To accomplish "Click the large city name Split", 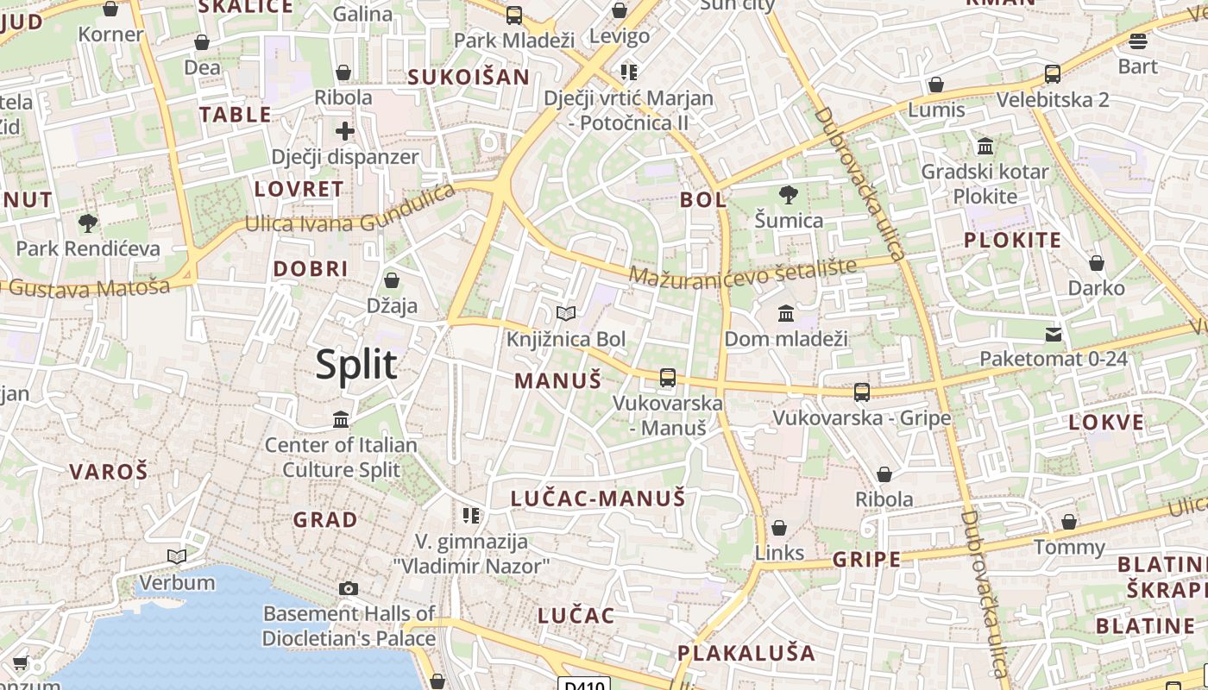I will [355, 365].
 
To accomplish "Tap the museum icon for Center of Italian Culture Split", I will [341, 420].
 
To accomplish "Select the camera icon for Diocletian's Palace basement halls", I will [349, 589].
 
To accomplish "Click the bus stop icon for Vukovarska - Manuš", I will [667, 377].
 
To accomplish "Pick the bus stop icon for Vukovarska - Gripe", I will [861, 392].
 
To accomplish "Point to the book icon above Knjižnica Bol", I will [565, 314].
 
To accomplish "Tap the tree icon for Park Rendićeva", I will [87, 224].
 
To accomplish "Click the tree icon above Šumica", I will [788, 195].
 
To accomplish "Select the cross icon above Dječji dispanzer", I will [345, 132].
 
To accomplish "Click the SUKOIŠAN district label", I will [469, 77].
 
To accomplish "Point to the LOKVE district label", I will [1106, 423].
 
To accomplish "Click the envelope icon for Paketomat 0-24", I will [1053, 335].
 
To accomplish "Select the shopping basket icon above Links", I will [779, 528].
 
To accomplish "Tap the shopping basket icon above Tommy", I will [1069, 522].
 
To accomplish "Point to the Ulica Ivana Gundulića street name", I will [349, 211].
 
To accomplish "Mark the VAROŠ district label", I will [109, 472].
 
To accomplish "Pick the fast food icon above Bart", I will [1138, 41].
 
